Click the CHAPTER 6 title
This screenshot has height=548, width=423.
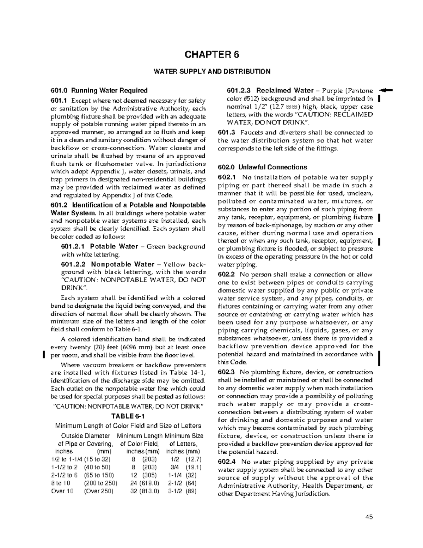point(211,55)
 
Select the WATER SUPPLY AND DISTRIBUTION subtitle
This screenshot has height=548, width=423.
point(211,72)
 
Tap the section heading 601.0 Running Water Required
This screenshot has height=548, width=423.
point(99,90)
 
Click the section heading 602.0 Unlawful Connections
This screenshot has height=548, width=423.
point(262,167)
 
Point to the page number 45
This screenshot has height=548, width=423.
point(369,518)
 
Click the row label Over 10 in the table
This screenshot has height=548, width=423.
point(62,491)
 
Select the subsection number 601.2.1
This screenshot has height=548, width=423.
point(74,247)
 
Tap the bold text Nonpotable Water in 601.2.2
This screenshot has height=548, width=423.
point(123,264)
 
